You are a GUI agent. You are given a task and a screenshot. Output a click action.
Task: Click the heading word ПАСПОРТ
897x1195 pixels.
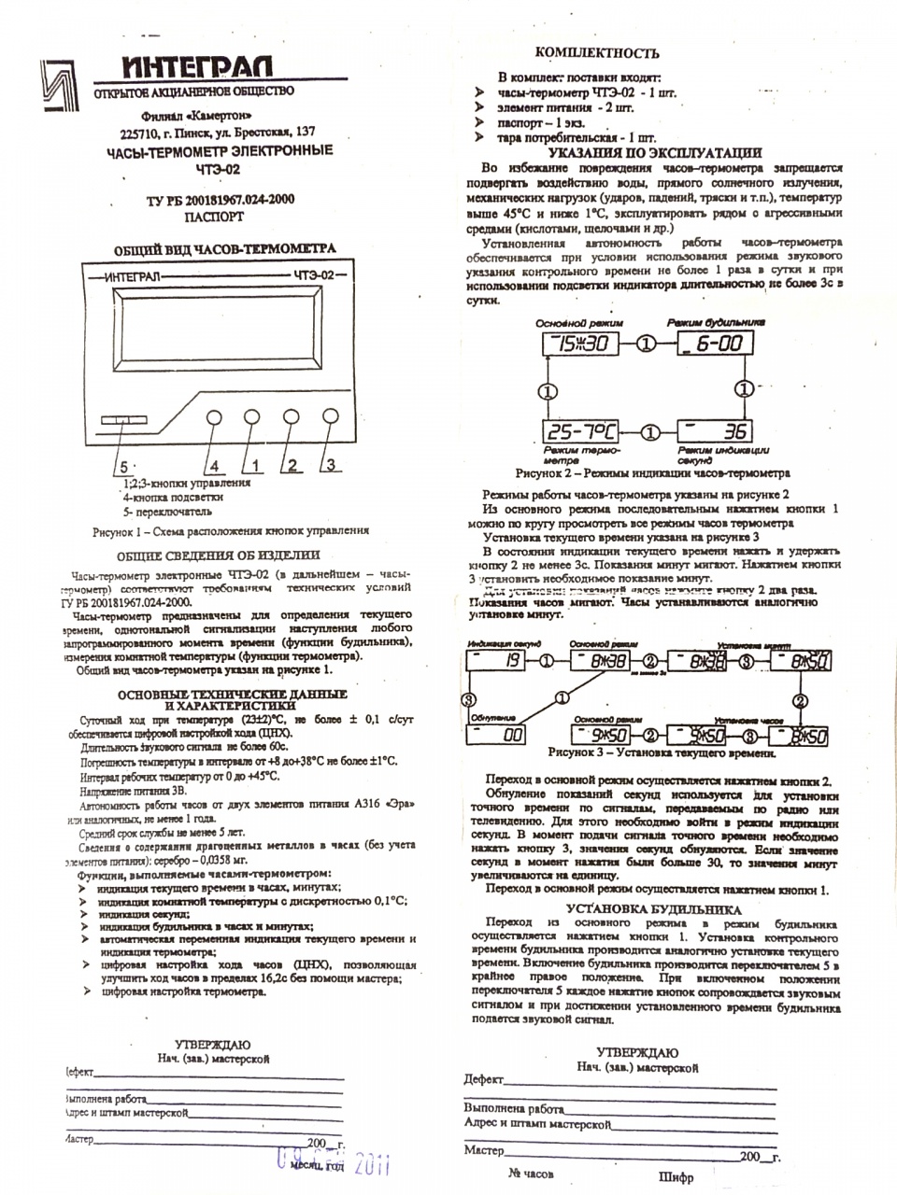[x=214, y=217]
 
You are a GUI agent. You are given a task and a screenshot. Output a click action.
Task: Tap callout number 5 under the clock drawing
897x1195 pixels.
[x=121, y=465]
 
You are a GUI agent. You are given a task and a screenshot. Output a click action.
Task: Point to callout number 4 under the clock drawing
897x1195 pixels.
[x=213, y=465]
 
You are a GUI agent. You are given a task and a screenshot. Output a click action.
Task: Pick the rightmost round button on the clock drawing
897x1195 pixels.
[x=330, y=416]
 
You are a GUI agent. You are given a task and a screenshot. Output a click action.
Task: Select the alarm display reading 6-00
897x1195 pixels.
[x=710, y=344]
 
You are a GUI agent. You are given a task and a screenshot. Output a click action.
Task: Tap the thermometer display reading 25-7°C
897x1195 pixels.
[x=580, y=431]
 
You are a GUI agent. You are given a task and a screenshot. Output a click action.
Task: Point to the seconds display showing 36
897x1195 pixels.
[x=711, y=431]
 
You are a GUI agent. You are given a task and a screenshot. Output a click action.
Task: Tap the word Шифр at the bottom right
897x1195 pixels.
[x=676, y=1177]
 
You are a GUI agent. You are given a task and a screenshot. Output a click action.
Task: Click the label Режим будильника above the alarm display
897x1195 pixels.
[x=717, y=321]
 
